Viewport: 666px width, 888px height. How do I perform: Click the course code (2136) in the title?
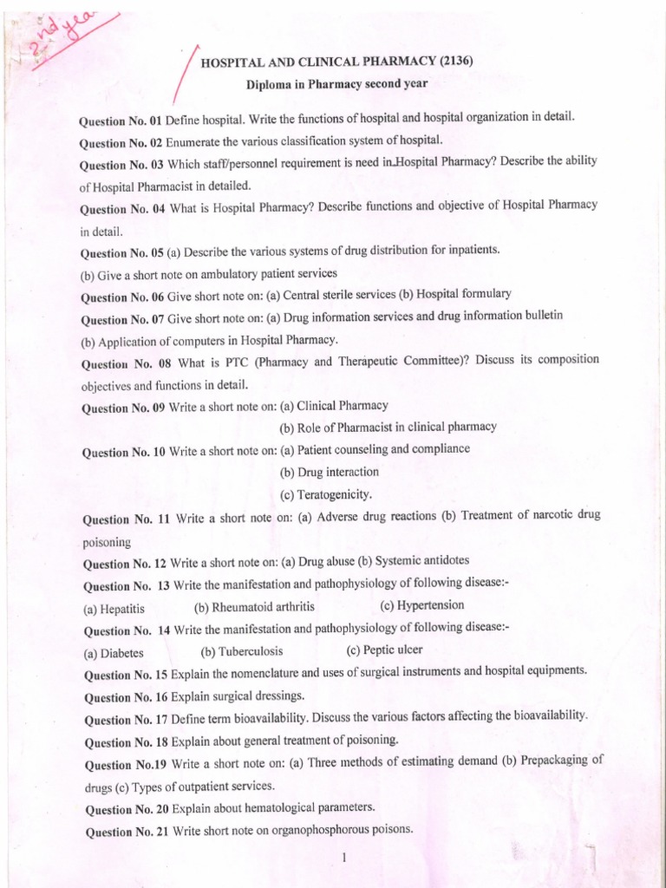(456, 61)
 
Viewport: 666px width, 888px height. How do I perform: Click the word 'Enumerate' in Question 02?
(193, 141)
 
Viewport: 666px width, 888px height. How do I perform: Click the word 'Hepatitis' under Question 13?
(123, 608)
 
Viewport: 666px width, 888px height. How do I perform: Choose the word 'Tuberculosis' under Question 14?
(251, 651)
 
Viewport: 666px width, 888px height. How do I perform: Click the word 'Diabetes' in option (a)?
(122, 653)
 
